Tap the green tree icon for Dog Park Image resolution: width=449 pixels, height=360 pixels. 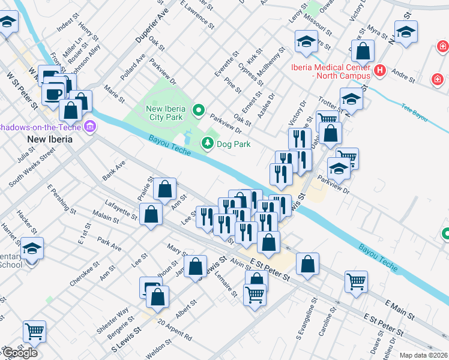click(x=207, y=143)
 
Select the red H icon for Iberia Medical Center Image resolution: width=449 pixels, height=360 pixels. click(x=379, y=71)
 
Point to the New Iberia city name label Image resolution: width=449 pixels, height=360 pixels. click(x=50, y=139)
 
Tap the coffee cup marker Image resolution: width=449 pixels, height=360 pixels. click(x=53, y=94)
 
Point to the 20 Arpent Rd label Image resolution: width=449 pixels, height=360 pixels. click(x=175, y=330)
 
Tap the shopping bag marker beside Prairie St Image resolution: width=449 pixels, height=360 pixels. click(x=164, y=189)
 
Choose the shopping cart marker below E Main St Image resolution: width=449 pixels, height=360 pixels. click(x=356, y=281)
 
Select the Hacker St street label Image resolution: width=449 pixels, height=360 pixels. click(x=27, y=221)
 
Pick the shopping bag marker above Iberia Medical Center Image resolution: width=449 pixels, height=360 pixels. click(x=363, y=52)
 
